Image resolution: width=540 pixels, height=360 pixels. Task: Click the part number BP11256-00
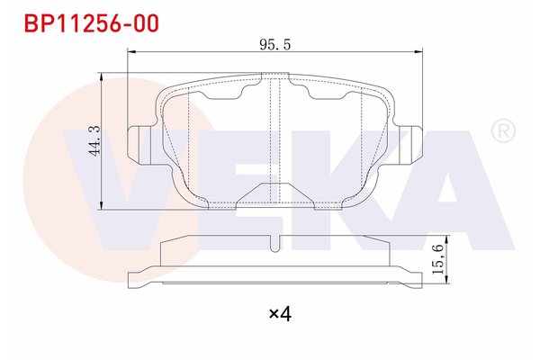pos(86,22)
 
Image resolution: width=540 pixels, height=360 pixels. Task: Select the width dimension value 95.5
pos(273,43)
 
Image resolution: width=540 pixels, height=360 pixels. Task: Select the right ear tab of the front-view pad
pos(409,145)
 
